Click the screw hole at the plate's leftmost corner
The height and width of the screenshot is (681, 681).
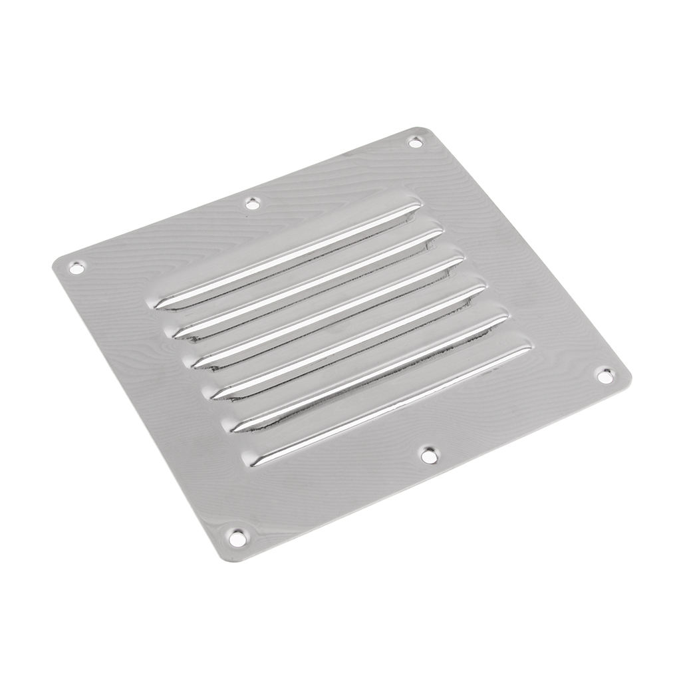(x=77, y=267)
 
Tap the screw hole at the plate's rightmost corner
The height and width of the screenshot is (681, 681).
(x=604, y=376)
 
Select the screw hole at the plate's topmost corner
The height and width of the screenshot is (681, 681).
(x=414, y=142)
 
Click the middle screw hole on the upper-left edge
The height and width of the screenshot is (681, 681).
(x=252, y=203)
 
